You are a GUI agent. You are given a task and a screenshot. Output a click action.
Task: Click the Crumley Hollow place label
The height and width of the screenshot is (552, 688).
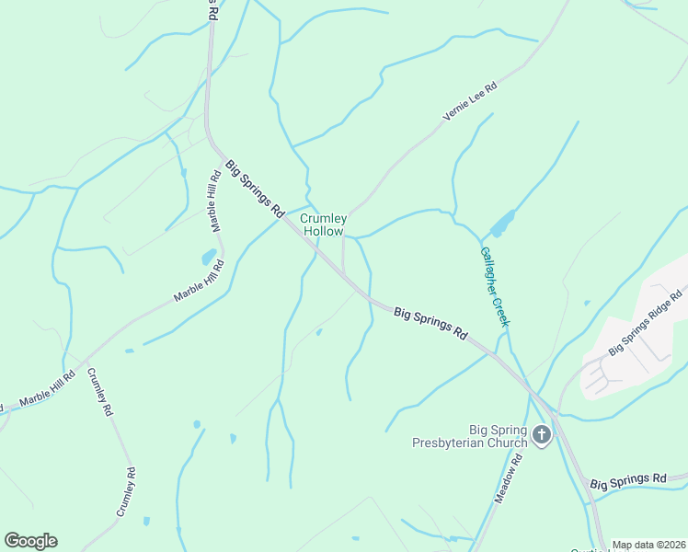click(324, 224)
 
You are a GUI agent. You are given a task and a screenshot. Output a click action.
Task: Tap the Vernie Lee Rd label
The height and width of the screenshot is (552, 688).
click(470, 101)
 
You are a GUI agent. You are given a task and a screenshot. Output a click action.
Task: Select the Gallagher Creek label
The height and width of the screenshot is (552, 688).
click(494, 286)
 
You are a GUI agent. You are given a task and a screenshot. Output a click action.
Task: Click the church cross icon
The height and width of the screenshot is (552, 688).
click(542, 434)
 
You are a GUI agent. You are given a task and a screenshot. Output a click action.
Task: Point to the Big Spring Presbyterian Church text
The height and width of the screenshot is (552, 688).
click(470, 436)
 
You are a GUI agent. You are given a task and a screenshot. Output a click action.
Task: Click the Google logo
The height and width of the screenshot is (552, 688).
click(30, 541)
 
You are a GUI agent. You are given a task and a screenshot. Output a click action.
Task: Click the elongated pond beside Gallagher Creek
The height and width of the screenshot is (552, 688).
click(501, 224)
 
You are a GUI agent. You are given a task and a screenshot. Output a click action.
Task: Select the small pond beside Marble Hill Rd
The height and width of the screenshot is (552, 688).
click(209, 257)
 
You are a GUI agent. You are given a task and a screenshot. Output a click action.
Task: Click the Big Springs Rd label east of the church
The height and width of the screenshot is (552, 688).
click(627, 481)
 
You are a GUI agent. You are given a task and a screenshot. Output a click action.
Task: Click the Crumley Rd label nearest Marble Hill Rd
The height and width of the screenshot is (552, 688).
click(99, 393)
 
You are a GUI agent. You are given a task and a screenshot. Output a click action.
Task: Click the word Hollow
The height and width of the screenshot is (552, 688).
click(324, 232)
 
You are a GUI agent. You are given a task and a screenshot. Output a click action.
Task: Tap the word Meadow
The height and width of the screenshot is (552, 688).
click(504, 486)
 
